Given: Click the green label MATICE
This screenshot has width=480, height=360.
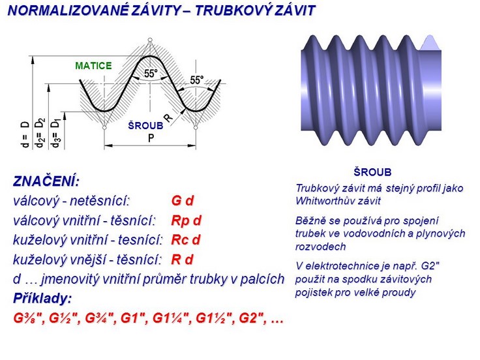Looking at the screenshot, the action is tap(93, 66).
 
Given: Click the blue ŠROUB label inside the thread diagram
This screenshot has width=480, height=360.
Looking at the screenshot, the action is tap(145, 126).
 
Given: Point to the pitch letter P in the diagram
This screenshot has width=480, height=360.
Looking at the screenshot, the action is tap(151, 138).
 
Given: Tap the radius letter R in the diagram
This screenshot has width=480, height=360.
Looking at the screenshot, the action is tap(168, 117).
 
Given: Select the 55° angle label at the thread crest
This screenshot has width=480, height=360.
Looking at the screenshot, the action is tap(151, 74).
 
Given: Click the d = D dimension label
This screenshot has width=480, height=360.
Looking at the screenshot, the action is tap(25, 134).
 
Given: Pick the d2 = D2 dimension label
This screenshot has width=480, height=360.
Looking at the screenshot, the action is tap(40, 133).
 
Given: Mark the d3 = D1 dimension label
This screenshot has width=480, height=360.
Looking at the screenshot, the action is tap(55, 133).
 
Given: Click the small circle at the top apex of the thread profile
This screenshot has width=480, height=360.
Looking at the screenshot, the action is tap(150, 40).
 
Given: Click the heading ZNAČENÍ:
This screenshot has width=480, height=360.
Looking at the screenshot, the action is tap(46, 181).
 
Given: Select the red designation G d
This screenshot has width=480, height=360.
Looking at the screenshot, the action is tap(183, 201).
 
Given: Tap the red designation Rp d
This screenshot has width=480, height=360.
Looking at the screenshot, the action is tap(186, 220).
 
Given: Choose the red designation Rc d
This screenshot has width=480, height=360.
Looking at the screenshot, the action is tap(185, 240).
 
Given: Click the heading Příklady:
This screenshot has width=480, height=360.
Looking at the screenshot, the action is tap(42, 299).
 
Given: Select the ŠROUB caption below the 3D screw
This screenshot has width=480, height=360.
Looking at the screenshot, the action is tap(372, 172).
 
